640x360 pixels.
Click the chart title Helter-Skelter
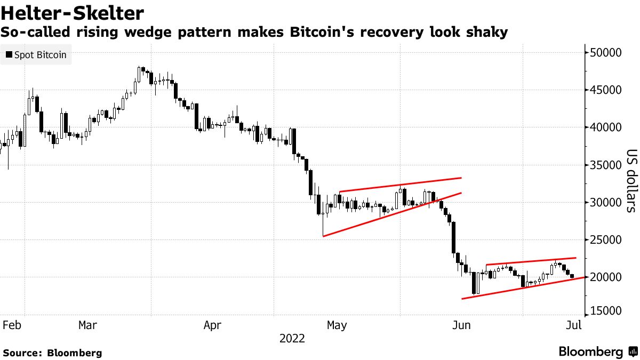tap(73, 12)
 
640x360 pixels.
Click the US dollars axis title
tap(631, 181)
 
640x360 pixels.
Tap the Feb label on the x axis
tap(12, 324)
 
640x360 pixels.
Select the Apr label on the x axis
tap(212, 324)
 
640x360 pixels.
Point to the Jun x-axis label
tap(461, 324)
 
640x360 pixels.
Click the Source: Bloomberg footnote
tap(52, 353)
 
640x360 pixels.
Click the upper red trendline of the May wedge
tap(400, 185)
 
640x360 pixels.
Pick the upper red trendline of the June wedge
tap(531, 261)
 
